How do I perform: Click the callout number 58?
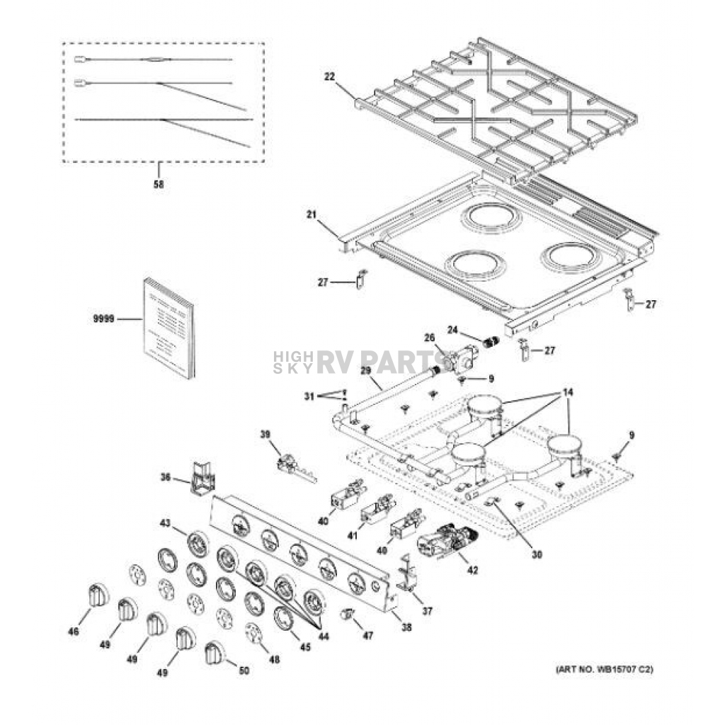(159, 185)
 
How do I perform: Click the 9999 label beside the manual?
(103, 319)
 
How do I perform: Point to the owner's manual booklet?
(169, 327)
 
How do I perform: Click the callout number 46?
(73, 632)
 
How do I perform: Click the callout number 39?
(266, 434)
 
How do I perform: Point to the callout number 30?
(537, 554)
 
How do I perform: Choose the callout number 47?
(367, 636)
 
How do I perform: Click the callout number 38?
(406, 627)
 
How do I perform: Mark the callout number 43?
(165, 523)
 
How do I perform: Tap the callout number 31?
(309, 396)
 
